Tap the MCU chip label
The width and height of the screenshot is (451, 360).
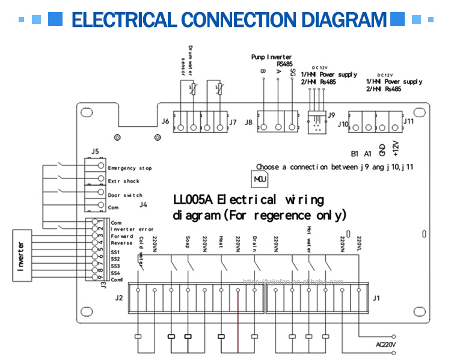click(260, 179)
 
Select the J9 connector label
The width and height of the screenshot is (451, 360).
click(330, 114)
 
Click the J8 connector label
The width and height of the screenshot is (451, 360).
click(248, 122)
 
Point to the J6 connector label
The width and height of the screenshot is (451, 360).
click(165, 121)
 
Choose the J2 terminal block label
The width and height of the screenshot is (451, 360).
click(119, 298)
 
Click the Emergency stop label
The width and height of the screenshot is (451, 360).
click(129, 168)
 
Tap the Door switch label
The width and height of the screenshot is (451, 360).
click(124, 195)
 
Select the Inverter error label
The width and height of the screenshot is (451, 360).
click(132, 229)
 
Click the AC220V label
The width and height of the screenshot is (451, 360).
click(385, 344)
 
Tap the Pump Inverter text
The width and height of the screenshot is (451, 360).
click(271, 56)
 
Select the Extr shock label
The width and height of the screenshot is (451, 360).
click(123, 182)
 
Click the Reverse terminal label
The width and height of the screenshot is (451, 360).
click(122, 243)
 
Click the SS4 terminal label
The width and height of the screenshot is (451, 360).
click(116, 272)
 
